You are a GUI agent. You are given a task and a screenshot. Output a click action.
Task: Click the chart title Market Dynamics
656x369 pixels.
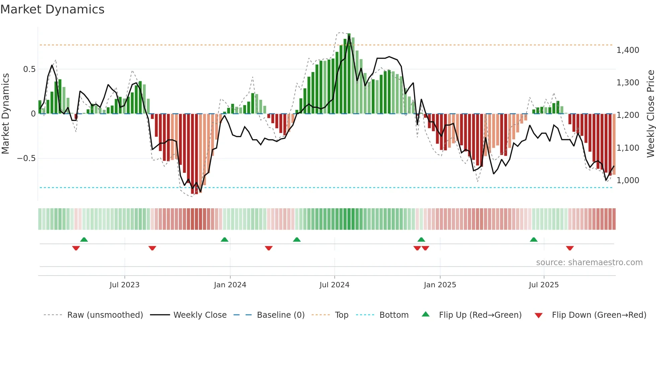pos(52,9)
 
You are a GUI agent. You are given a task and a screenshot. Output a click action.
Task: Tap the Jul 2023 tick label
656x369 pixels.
pos(125,285)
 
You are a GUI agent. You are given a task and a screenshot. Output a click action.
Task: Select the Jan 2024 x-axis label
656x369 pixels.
pos(230,285)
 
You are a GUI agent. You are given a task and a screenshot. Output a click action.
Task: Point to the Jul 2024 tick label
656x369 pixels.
pos(334,285)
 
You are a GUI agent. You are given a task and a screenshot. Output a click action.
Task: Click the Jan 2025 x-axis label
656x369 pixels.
pos(440,285)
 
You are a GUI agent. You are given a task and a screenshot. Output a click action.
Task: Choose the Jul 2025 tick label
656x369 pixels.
pos(544,285)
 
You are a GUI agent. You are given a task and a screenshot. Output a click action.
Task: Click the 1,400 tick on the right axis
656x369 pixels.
pos(628,50)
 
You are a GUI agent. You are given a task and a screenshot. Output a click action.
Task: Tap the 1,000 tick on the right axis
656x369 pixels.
pos(628,180)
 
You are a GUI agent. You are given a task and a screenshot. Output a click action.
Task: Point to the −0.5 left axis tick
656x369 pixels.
pos(26,158)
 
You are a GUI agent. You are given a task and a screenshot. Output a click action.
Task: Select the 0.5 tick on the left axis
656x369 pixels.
pos(29,69)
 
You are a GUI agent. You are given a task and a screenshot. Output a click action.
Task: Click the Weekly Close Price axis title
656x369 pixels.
pos(650,114)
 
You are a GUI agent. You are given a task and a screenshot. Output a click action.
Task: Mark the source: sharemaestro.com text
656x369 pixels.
pos(589,263)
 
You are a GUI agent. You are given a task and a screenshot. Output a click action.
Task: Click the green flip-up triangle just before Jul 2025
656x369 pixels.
pos(534,240)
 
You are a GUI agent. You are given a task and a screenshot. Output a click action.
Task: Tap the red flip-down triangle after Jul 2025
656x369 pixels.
pos(570,248)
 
